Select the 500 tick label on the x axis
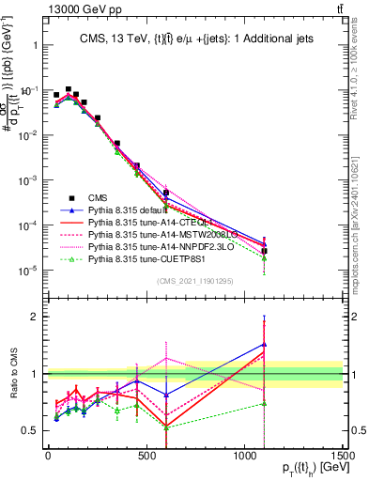[146, 456]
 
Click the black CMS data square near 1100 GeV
[265, 251]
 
